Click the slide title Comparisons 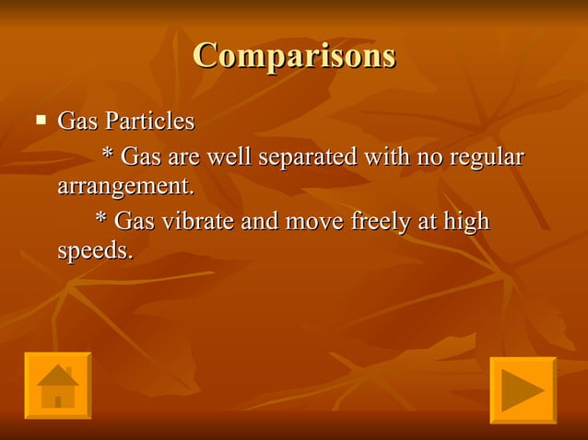[294, 55]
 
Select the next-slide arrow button [523, 389]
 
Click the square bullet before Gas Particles [40, 119]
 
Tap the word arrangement [126, 187]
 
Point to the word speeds [94, 251]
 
